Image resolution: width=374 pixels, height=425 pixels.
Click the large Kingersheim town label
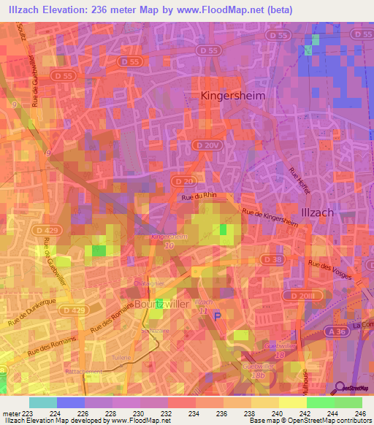tap(232, 96)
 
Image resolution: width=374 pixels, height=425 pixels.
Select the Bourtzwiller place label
tap(164, 303)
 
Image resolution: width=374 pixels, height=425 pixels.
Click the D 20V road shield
tap(208, 145)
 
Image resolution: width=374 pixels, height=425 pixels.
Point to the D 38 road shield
tap(272, 259)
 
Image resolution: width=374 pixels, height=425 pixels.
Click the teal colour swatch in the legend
tap(42, 402)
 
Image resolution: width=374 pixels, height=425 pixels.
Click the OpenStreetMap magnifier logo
tap(340, 388)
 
